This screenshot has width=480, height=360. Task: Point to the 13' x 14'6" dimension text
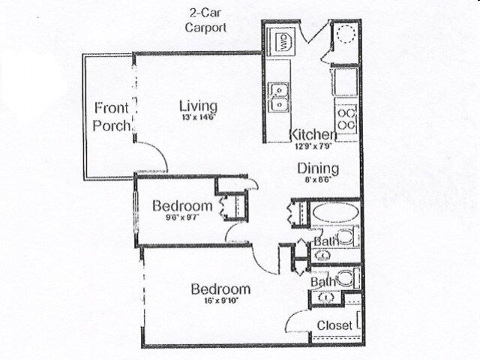[x=198, y=118]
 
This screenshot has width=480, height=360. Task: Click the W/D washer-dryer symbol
[x=284, y=40]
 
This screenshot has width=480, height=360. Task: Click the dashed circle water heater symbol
[x=346, y=35]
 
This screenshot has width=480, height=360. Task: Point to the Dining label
[x=318, y=169]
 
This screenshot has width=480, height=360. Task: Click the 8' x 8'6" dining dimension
[x=318, y=180]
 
